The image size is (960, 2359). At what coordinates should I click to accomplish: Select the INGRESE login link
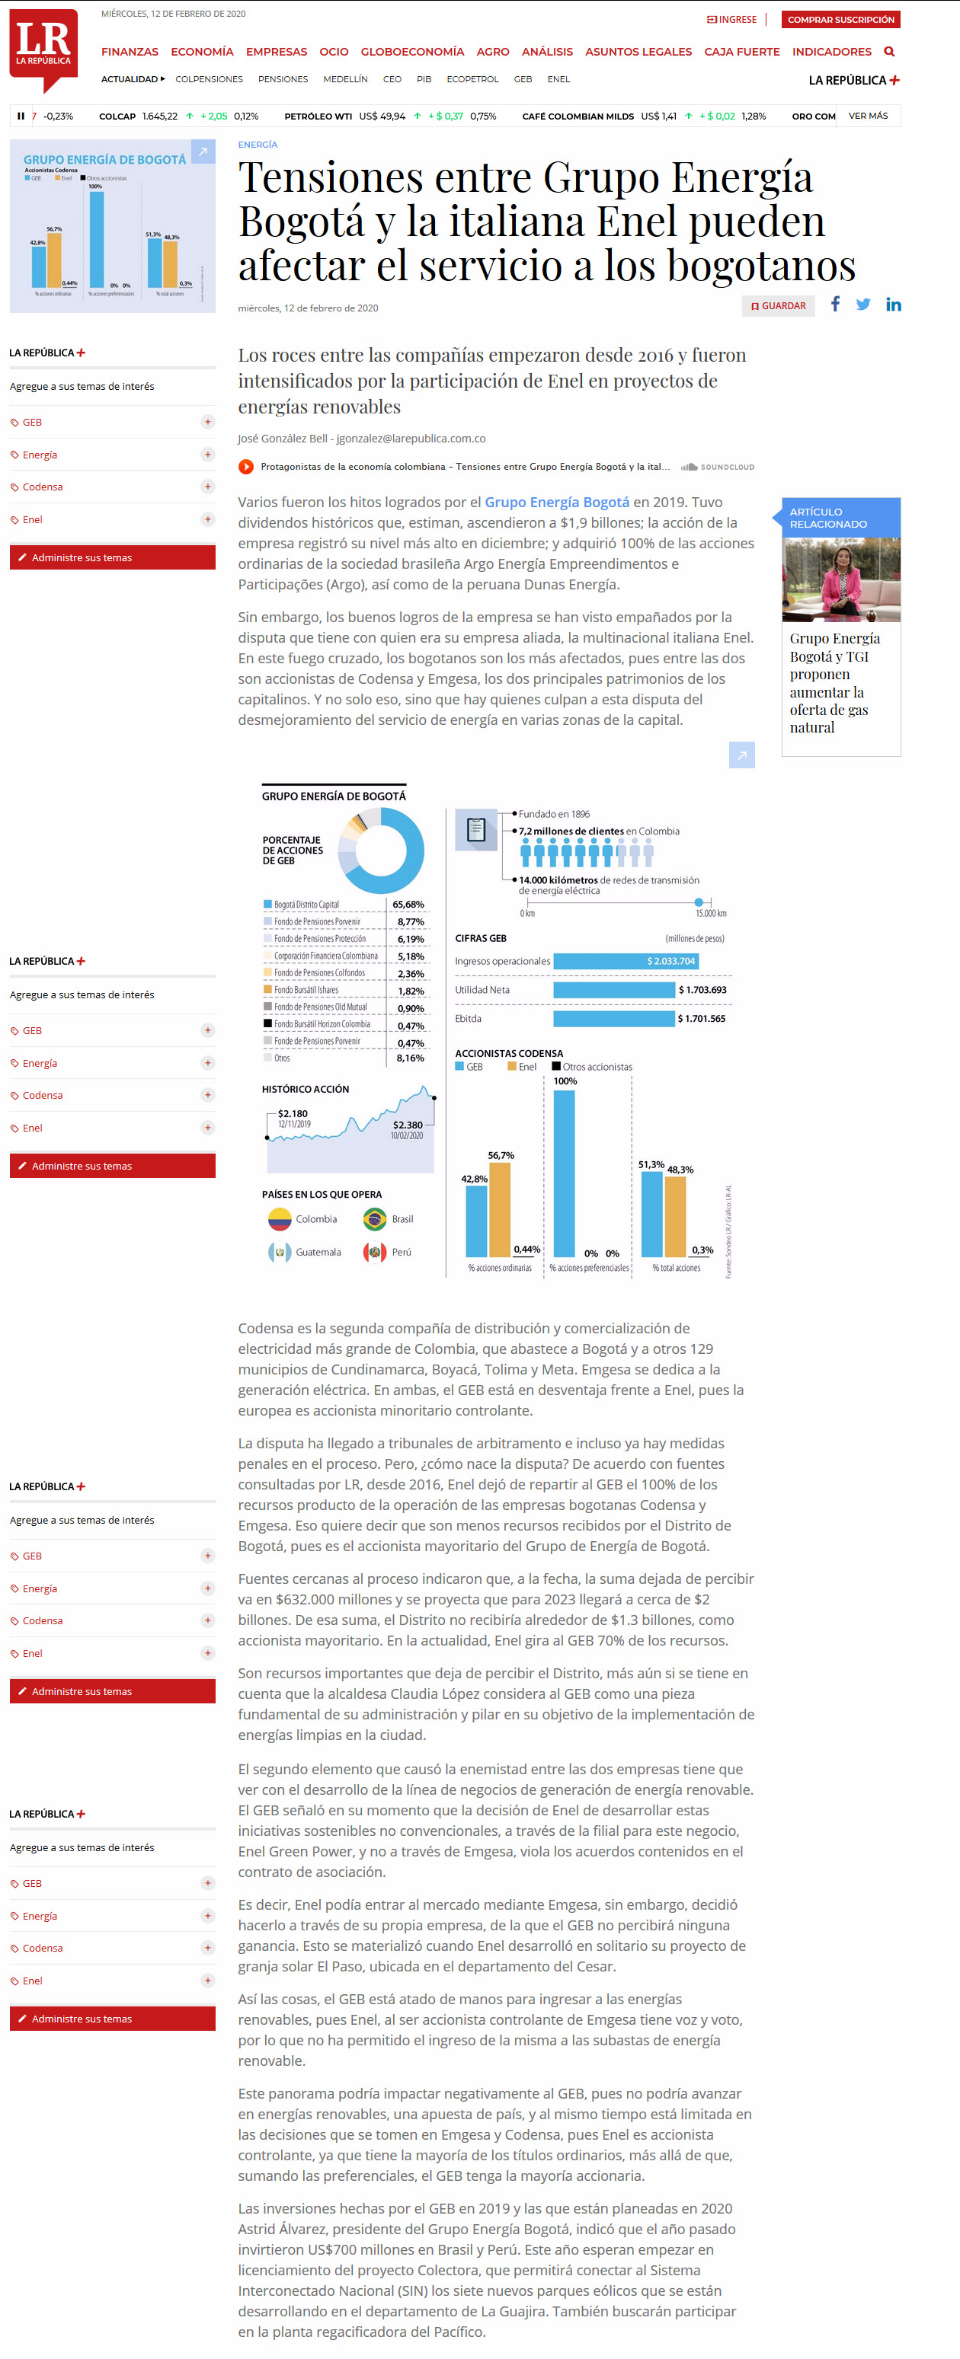pyautogui.click(x=732, y=19)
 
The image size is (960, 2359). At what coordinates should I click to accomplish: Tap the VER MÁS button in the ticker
pyautogui.click(x=868, y=117)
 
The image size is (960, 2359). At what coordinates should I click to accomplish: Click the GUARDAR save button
pyautogui.click(x=779, y=306)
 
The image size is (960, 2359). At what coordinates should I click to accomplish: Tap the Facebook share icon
pyautogui.click(x=834, y=304)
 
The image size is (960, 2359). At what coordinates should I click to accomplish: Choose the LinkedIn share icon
pyautogui.click(x=893, y=305)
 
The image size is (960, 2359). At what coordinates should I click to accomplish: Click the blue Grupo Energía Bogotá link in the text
pyautogui.click(x=556, y=502)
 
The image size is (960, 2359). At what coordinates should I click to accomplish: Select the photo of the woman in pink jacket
pyautogui.click(x=841, y=579)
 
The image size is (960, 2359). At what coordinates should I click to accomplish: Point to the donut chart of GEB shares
pyautogui.click(x=381, y=851)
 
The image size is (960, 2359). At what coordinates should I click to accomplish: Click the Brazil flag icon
pyautogui.click(x=375, y=1219)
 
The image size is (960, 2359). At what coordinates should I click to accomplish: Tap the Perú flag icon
pyautogui.click(x=375, y=1252)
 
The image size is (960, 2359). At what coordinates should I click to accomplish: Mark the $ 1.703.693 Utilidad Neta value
pyautogui.click(x=702, y=990)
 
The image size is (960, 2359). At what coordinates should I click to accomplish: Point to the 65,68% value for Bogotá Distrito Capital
pyautogui.click(x=408, y=905)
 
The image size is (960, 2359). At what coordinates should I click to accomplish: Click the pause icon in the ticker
pyautogui.click(x=20, y=117)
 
